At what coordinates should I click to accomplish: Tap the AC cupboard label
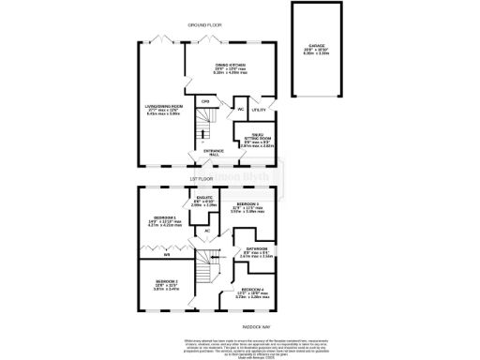pyautogui.click(x=206, y=231)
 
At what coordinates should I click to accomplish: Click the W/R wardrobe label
pyautogui.click(x=167, y=253)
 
